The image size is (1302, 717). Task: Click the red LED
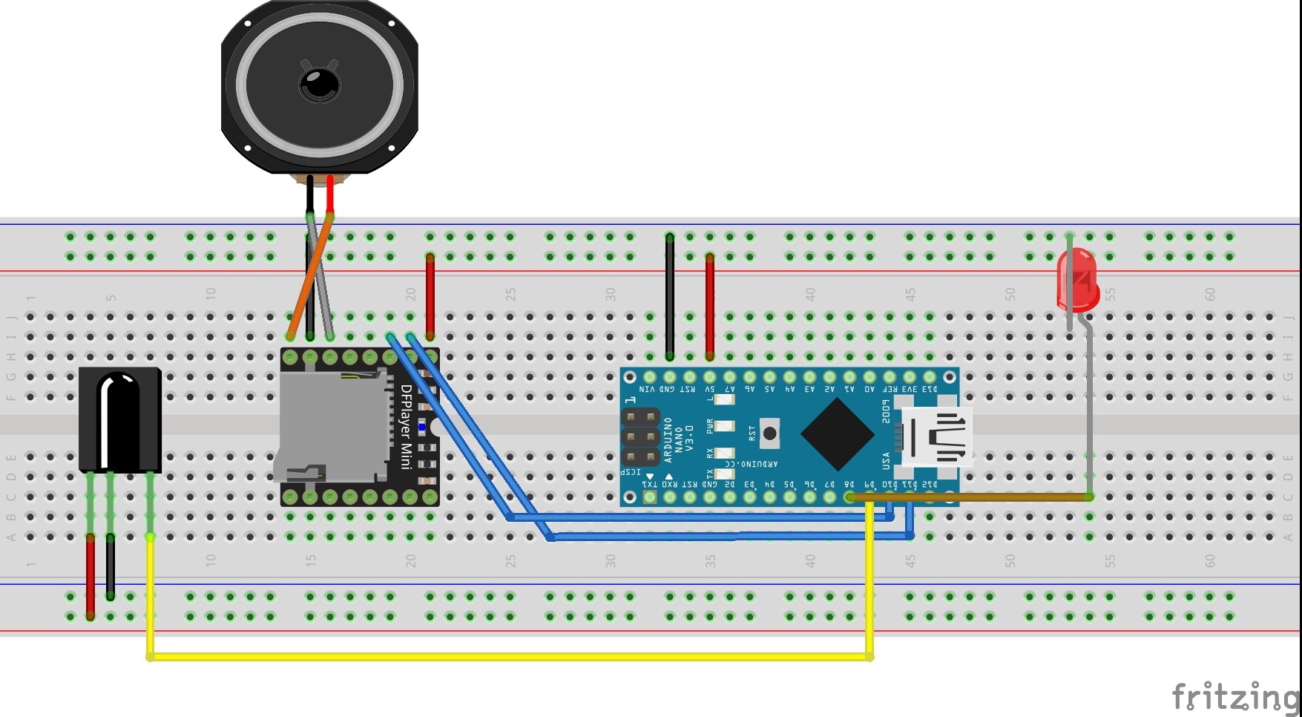(x=1077, y=281)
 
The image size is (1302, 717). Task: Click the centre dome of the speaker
(x=319, y=83)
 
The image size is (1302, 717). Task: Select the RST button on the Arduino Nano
(x=770, y=433)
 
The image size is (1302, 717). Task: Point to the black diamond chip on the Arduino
(x=837, y=434)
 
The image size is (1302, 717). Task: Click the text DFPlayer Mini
(x=406, y=427)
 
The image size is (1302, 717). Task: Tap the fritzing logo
(x=1234, y=697)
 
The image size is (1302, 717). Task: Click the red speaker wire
(x=330, y=194)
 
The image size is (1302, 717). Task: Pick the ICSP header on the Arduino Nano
(x=642, y=436)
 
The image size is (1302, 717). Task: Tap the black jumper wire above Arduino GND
(x=670, y=297)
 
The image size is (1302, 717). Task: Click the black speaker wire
(x=309, y=194)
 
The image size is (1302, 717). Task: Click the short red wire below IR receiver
(x=91, y=575)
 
